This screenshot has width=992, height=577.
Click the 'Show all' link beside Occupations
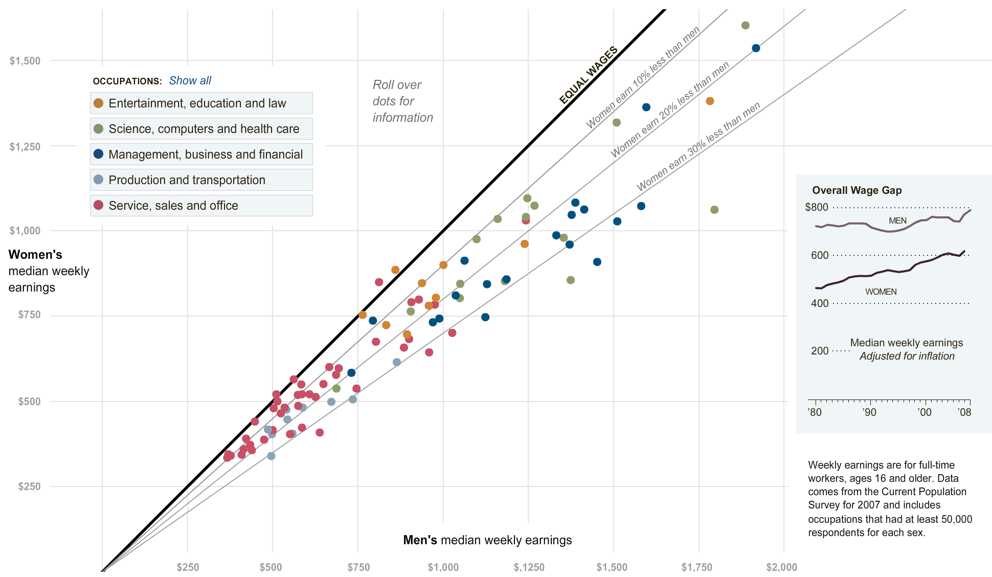pos(190,81)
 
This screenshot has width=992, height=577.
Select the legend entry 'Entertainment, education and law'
pos(201,103)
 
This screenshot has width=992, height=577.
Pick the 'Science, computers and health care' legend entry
pos(201,129)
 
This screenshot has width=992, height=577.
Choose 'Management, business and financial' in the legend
pos(201,154)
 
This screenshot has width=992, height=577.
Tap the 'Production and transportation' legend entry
pos(201,180)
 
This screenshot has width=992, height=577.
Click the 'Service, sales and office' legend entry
pos(201,206)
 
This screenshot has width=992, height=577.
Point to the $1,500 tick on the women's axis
pos(25,61)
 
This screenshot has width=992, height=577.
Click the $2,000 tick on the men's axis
pos(781,567)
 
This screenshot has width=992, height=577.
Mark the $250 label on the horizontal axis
pos(188,567)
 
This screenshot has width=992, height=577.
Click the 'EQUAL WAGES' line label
pos(589,75)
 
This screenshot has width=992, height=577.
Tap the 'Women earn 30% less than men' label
pos(698,147)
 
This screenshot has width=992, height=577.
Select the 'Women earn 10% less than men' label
pos(643,78)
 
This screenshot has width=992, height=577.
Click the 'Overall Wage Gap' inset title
pos(856,190)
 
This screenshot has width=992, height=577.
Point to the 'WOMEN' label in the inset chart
pos(881,292)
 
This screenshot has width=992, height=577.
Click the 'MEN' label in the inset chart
pos(897,221)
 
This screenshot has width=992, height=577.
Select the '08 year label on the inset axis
pos(964,412)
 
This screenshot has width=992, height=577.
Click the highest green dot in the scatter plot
pos(745,26)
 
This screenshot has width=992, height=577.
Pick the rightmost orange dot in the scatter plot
pos(710,101)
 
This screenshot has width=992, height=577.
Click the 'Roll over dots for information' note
pos(402,101)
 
